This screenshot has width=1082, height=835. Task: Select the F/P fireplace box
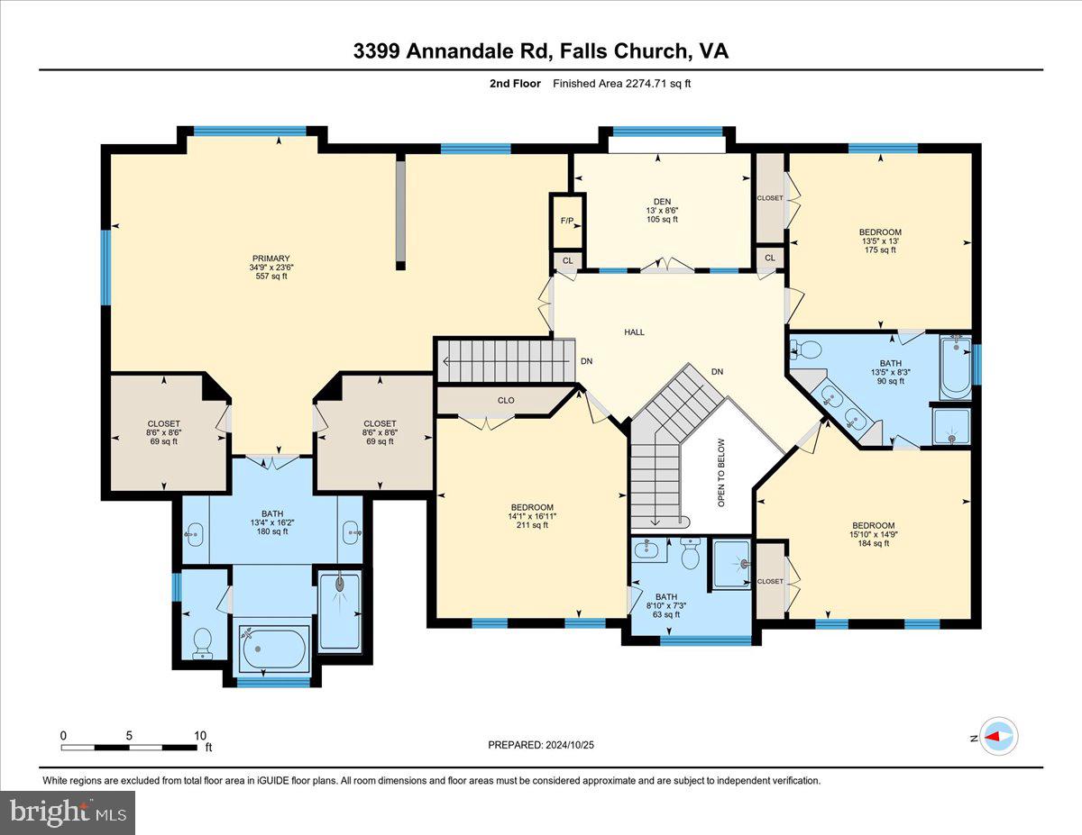[567, 221]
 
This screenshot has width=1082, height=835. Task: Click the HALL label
[635, 332]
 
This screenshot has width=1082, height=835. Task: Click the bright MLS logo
[69, 812]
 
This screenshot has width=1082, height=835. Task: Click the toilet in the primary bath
[203, 641]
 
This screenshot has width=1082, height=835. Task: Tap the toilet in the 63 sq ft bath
[691, 556]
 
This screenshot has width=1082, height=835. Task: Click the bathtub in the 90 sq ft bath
[956, 368]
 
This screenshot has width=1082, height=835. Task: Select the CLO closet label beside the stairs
[506, 401]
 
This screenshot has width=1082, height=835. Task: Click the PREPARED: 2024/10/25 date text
[541, 745]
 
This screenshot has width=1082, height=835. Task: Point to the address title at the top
[541, 51]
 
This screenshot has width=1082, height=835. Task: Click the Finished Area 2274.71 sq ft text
[622, 84]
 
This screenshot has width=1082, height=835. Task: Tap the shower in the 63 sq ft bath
[732, 565]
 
